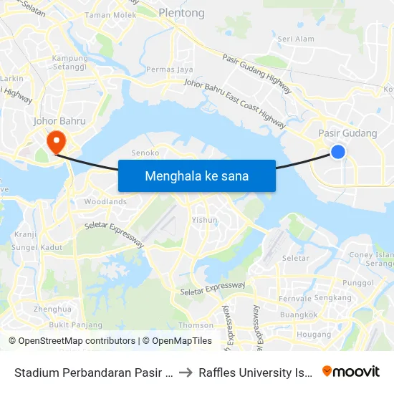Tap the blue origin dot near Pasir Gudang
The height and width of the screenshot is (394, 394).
click(x=338, y=151)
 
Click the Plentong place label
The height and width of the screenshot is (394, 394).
click(x=181, y=13)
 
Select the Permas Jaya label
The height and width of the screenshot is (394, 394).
click(x=170, y=69)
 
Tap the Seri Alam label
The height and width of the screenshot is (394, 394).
click(x=296, y=39)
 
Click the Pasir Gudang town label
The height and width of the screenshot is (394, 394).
click(x=347, y=133)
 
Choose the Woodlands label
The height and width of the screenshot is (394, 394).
click(x=105, y=202)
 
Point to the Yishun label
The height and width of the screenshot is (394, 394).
click(x=204, y=220)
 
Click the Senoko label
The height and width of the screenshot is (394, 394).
click(x=145, y=153)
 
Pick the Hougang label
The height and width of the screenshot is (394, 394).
click(x=314, y=334)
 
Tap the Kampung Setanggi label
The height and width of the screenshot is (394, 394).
click(x=70, y=63)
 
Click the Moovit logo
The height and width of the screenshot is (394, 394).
click(x=351, y=371)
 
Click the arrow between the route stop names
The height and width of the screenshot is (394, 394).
click(x=186, y=372)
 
